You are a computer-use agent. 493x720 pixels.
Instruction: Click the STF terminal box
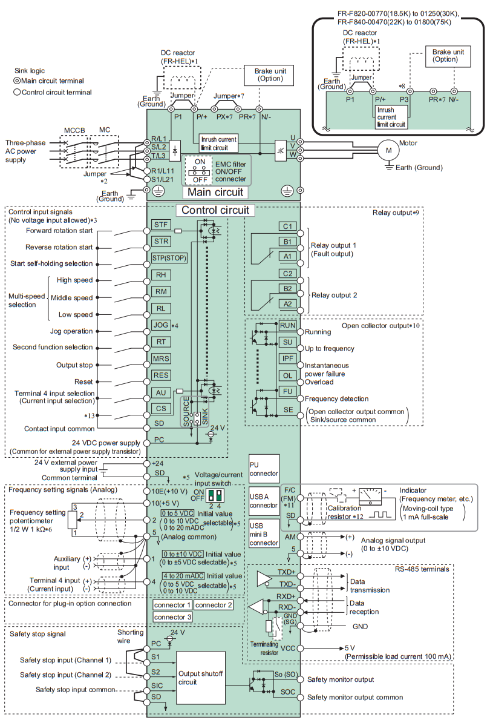click(x=161, y=225)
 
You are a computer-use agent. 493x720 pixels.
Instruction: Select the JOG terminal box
click(x=161, y=325)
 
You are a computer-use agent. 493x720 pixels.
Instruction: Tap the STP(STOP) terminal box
click(x=169, y=258)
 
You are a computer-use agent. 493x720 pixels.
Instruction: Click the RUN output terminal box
click(x=287, y=326)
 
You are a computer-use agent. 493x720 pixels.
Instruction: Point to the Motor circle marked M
click(x=389, y=150)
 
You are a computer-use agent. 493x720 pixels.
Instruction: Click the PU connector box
click(x=264, y=469)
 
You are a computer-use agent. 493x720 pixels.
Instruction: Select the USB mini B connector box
click(x=264, y=533)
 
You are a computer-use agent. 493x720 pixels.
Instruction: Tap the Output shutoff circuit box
click(x=201, y=678)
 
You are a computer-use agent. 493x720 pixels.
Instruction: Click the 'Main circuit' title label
click(x=215, y=193)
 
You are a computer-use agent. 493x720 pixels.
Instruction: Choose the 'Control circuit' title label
click(x=215, y=210)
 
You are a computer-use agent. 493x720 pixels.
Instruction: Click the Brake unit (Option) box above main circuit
click(x=270, y=75)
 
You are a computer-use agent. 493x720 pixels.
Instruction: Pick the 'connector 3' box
click(x=172, y=617)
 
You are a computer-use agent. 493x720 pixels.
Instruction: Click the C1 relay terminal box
click(x=287, y=226)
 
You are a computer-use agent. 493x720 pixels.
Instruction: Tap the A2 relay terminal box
click(x=287, y=304)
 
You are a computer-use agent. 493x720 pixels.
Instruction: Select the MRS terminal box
click(x=161, y=358)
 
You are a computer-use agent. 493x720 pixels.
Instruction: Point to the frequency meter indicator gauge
click(x=371, y=497)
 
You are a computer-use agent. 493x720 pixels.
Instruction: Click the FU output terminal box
click(x=287, y=392)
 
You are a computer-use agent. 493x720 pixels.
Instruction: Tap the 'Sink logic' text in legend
click(x=30, y=71)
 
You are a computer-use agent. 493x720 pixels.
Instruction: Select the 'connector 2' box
click(x=214, y=605)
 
